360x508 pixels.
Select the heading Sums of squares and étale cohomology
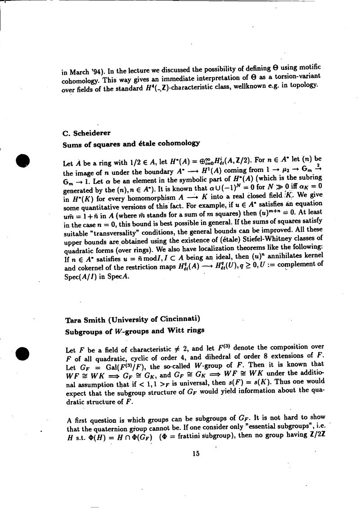(131, 144)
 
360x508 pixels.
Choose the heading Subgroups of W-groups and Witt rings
(135, 330)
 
